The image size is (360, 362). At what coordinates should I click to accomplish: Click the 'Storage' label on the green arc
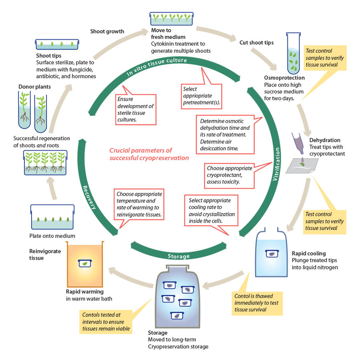pos(179,255)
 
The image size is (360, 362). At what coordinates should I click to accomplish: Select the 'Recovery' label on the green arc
pos(90,197)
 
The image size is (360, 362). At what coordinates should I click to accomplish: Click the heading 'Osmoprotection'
pos(284,78)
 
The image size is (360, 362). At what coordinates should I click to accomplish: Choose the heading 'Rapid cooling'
pos(308,253)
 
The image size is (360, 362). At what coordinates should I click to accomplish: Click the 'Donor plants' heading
pos(35,86)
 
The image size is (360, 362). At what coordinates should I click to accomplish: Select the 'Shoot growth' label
pos(107,32)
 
